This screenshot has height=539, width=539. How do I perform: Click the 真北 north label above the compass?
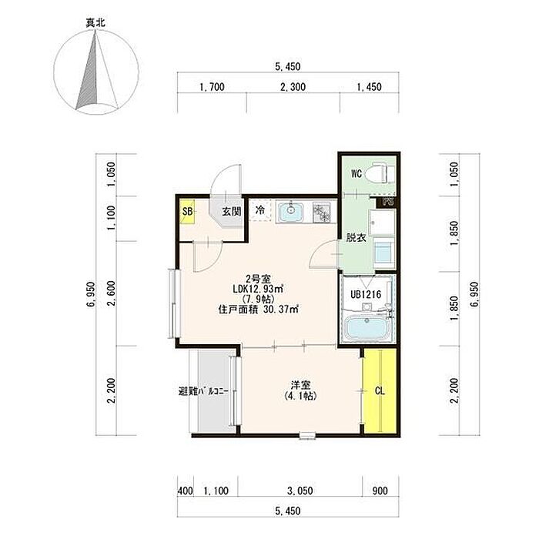tap(95, 23)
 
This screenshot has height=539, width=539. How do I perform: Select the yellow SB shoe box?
tap(188, 212)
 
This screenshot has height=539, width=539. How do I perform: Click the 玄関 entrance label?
tap(231, 212)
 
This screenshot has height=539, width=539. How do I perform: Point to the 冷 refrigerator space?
tap(260, 209)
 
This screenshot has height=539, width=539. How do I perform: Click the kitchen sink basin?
tap(291, 212)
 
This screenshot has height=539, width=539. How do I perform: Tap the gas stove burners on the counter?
tap(321, 212)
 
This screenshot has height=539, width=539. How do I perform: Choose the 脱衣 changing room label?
tap(356, 238)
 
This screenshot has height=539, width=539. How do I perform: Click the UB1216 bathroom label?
tap(366, 295)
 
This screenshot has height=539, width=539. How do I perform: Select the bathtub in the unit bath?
tap(367, 328)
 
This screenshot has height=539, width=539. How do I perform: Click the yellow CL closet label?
tap(380, 391)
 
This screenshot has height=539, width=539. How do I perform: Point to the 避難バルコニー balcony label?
tap(203, 391)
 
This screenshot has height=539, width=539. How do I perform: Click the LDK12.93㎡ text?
tap(258, 289)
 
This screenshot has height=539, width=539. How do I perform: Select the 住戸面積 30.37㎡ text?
tap(258, 310)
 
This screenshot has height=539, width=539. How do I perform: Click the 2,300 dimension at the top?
tap(293, 87)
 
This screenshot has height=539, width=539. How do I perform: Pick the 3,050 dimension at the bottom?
tap(300, 491)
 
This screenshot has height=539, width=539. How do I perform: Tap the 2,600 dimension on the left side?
tap(112, 293)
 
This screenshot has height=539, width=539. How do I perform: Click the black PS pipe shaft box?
tap(387, 202)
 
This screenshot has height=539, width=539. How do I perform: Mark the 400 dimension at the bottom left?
tap(186, 491)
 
